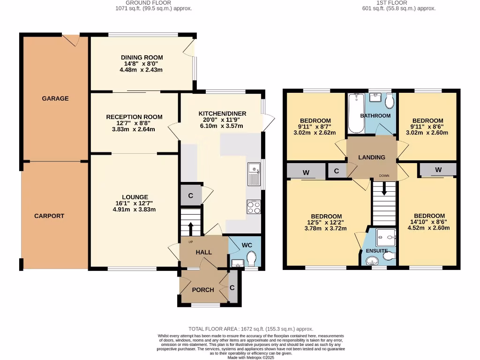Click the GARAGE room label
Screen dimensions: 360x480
[55, 98]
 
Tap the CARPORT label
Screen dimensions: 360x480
[49, 216]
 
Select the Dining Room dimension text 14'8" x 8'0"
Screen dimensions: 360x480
[141, 64]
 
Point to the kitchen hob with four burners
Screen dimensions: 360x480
[254, 207]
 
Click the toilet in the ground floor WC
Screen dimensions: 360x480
[251, 258]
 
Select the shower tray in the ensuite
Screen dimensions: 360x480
[386, 237]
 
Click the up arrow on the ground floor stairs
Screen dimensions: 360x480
[190, 228]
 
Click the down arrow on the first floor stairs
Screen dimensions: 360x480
[384, 189]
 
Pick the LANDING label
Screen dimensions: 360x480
[372, 157]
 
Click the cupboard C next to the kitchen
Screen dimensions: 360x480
[190, 195]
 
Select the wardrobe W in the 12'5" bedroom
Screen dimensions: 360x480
[306, 172]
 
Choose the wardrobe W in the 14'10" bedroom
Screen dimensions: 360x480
[437, 170]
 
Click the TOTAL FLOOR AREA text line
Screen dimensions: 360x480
[250, 329]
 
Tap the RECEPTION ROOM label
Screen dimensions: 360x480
[134, 117]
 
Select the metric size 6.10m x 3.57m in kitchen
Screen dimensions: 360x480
[222, 126]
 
